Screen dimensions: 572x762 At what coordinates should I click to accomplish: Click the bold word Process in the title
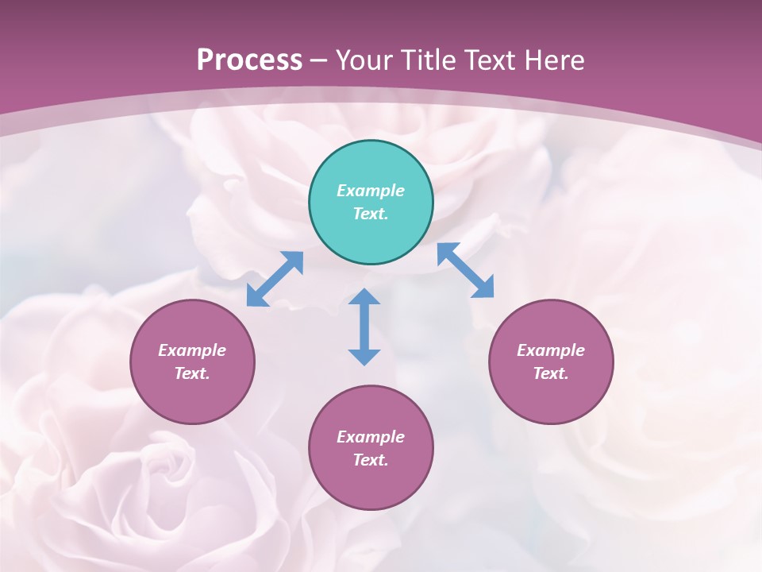point(249,60)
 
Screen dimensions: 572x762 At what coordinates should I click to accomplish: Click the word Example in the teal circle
point(371,191)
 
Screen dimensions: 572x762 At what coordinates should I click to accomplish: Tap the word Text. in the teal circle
point(371,214)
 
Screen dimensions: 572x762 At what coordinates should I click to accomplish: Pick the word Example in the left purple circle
point(192,350)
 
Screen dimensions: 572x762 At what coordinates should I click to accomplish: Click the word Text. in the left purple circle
point(192,373)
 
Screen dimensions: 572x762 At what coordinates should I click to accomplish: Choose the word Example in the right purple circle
point(551,350)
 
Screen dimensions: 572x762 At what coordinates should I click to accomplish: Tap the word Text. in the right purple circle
point(551,373)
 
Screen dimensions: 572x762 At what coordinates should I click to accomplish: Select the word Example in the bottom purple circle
point(371,437)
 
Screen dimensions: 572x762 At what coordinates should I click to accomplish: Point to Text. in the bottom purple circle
point(371,460)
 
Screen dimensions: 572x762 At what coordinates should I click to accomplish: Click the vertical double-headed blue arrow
point(364,327)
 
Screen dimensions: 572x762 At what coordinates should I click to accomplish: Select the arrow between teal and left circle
point(275,279)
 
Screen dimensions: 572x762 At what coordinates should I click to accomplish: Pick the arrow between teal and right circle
point(466,270)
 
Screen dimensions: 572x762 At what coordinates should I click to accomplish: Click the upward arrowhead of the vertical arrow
point(364,297)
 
